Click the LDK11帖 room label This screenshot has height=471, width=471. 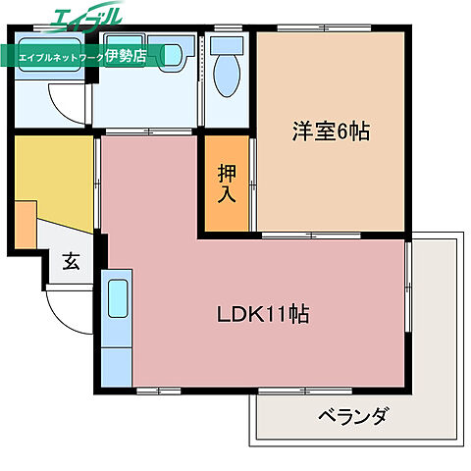click(x=263, y=315)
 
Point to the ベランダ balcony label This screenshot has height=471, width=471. click(x=352, y=415)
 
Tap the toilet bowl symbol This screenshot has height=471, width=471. click(x=227, y=80)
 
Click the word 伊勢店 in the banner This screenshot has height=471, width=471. click(x=125, y=56)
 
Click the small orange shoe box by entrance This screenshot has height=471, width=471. click(x=26, y=224)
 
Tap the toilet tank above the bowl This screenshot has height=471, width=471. click(x=227, y=44)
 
